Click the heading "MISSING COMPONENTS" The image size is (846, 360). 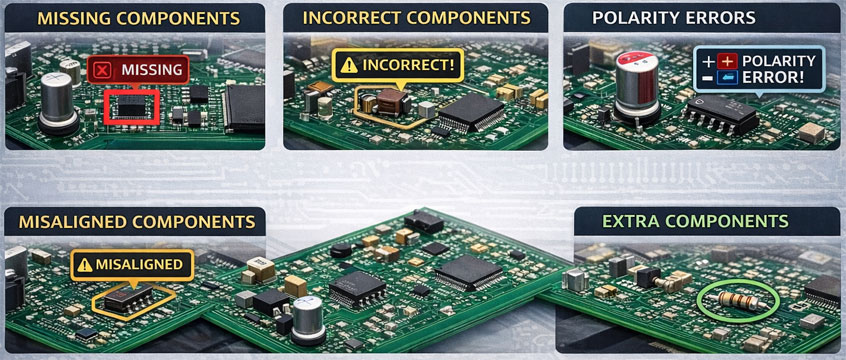point(132,18)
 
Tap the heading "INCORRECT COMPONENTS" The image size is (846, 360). point(415,18)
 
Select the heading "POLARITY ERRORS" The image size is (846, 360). point(673,18)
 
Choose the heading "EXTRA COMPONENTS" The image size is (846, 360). point(694,221)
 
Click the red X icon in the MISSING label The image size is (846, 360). point(103,69)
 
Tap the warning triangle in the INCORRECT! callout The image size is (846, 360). point(349,65)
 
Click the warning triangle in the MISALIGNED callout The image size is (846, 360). point(85,265)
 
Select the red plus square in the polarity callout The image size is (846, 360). point(727,61)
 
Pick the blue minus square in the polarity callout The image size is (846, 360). point(727,78)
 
